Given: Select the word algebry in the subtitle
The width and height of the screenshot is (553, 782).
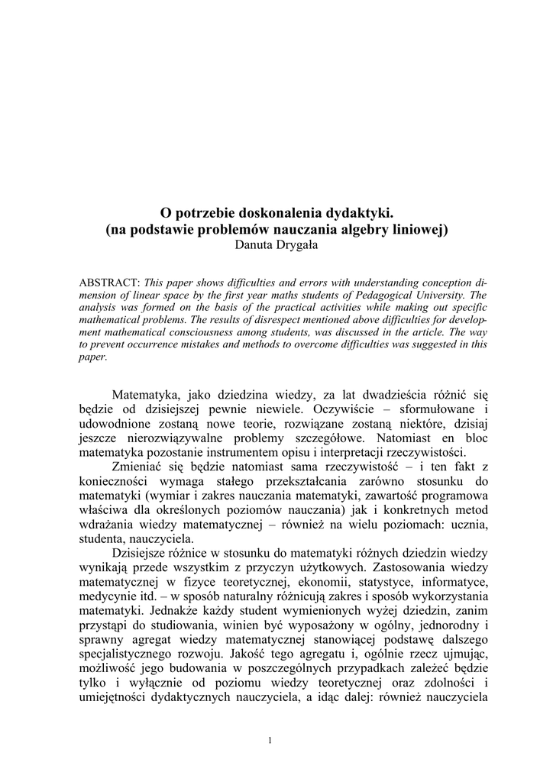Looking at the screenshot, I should tap(362, 229).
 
